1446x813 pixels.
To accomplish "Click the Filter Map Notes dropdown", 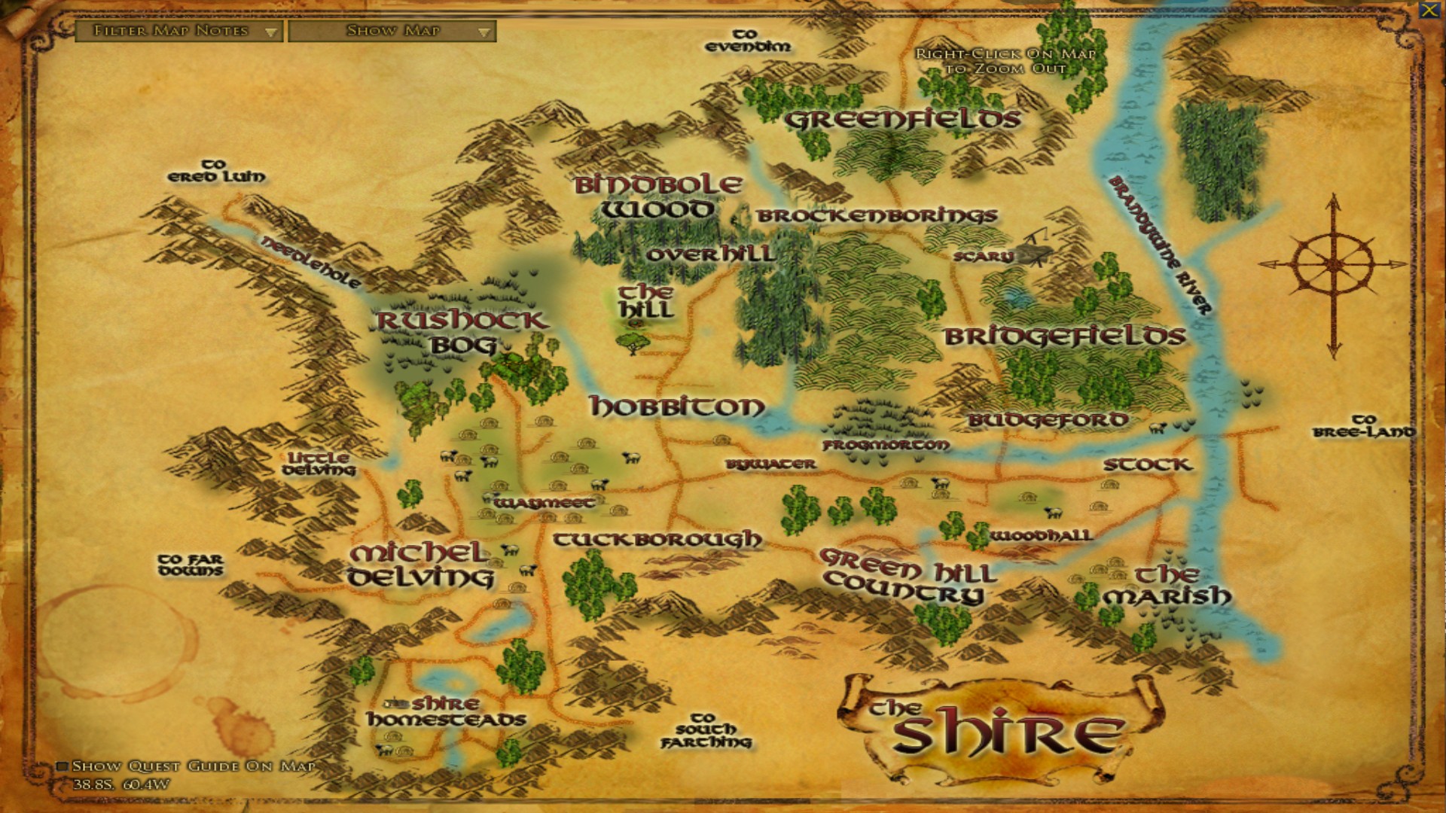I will coord(178,31).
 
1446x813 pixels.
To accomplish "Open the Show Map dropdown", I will coord(392,31).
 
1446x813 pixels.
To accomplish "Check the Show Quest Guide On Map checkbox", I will coord(63,766).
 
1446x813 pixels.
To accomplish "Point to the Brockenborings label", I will coord(877,216).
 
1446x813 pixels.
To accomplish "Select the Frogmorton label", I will coord(886,445).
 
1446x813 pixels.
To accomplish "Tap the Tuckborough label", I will coord(657,540).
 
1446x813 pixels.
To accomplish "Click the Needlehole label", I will coord(310,262).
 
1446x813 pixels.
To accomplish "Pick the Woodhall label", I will coord(1041,536).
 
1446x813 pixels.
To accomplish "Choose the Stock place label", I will coord(1148,464).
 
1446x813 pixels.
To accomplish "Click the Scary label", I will coord(983,257).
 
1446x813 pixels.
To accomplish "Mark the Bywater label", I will coord(770,464).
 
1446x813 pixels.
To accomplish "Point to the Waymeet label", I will coord(544,502).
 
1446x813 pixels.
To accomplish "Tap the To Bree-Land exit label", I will coord(1364,426).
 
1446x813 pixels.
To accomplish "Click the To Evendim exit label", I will coord(748,41).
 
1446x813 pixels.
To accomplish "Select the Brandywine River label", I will coord(1160,245).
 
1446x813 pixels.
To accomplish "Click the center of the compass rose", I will coord(1334,264).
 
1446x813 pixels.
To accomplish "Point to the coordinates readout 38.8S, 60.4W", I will coord(120,784).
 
